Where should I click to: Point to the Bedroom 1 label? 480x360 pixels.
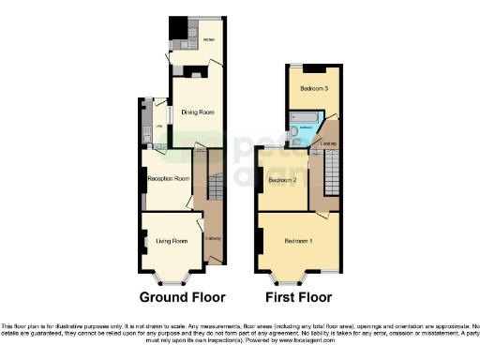click(x=299, y=241)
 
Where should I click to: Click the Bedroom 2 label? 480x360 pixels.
click(x=282, y=179)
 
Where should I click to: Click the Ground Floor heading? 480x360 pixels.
click(x=182, y=298)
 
